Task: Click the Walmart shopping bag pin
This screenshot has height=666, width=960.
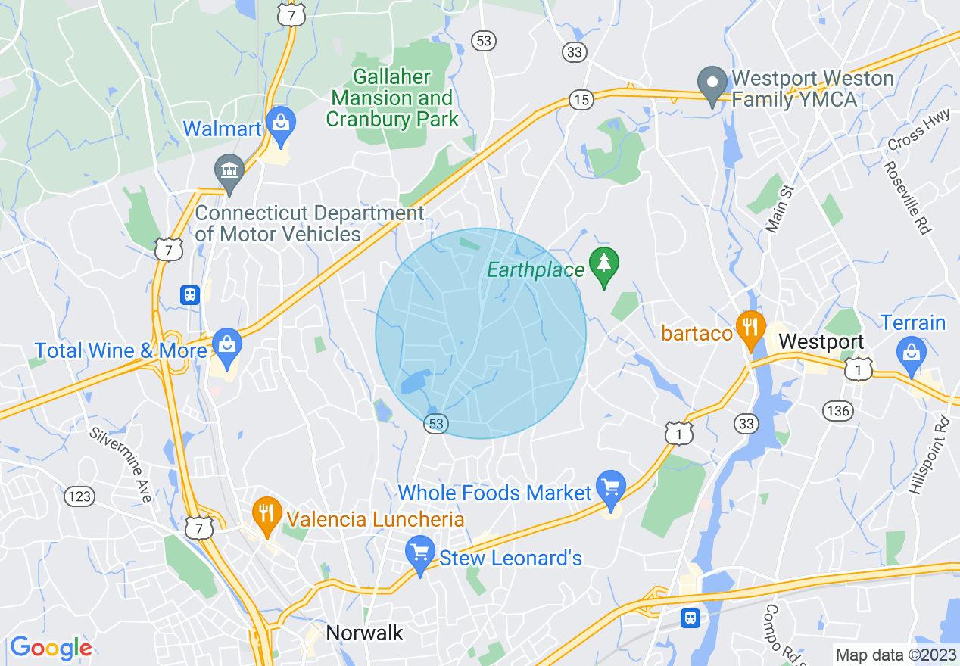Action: coord(280,125)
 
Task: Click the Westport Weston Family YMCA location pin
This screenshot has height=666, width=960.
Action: coord(712,85)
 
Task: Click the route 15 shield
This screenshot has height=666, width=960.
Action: coord(581,99)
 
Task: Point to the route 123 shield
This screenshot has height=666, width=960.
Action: coord(79,496)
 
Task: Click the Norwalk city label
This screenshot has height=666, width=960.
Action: coord(365,633)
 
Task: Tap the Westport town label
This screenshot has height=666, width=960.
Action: coord(821,341)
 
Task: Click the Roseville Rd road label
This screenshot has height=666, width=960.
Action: coord(907,197)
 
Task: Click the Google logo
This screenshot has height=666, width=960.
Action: coord(51,648)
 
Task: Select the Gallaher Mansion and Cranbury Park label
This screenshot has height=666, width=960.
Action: coord(392,98)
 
